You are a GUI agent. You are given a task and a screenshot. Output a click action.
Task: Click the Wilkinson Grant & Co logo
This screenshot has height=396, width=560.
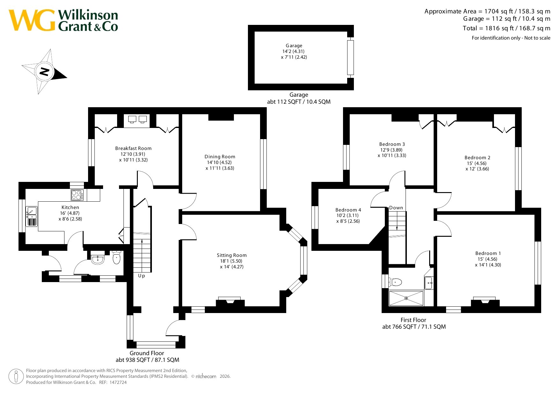tap(63, 20)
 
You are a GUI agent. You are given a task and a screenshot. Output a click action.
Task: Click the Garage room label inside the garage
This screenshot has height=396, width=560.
tap(294, 46)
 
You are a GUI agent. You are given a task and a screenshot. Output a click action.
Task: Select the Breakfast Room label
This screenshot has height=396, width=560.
tap(133, 148)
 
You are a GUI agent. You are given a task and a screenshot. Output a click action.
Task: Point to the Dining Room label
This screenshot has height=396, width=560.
tap(220, 157)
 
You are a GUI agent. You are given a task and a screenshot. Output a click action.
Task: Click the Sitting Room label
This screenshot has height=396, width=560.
tap(232, 255)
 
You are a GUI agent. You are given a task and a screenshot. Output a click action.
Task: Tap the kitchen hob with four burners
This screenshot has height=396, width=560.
tap(77, 195)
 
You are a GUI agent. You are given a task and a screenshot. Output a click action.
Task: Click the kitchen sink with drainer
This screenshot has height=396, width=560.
tap(32, 216)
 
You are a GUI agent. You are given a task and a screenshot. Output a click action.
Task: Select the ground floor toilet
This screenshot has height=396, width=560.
tap(116, 258)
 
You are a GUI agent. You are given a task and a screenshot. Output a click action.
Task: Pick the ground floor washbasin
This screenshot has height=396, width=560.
tap(97, 259)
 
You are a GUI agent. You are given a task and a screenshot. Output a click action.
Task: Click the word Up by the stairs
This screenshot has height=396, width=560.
tap(141, 276)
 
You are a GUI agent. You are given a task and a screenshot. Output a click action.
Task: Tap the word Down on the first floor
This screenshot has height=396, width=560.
tap(396, 208)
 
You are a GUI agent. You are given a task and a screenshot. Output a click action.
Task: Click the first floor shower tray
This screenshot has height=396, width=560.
tap(406, 298)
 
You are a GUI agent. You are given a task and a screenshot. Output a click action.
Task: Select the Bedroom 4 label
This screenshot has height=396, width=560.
tap(348, 210)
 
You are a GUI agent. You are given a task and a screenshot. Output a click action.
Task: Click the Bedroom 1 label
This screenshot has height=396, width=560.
tap(488, 253)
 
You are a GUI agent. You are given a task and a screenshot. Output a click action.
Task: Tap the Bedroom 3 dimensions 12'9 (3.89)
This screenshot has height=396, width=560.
tap(391, 150)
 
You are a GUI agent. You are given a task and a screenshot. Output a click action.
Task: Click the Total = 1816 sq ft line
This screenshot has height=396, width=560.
tap(506, 28)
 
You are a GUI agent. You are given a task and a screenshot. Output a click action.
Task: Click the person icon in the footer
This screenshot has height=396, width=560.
tap(16, 377)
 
